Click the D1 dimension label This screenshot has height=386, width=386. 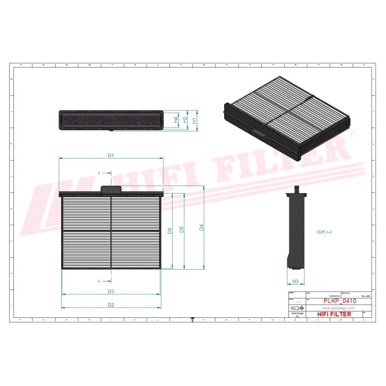tap(111, 155)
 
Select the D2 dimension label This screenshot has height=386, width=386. tap(111, 305)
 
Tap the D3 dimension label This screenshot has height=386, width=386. tap(111, 292)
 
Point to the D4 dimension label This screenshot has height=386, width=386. tap(202, 227)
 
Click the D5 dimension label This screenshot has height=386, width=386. tap(182, 229)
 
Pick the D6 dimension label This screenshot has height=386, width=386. tap(169, 231)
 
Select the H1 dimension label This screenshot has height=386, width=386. tap(195, 121)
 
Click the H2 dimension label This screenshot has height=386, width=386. tap(185, 121)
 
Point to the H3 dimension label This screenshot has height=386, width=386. tap(295, 281)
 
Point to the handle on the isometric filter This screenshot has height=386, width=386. tap(257, 132)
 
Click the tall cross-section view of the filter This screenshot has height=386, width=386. tap(295, 231)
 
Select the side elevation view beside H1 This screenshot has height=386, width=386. tap(111, 120)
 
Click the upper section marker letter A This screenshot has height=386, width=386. tap(99, 173)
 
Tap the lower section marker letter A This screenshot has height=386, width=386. tap(99, 281)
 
